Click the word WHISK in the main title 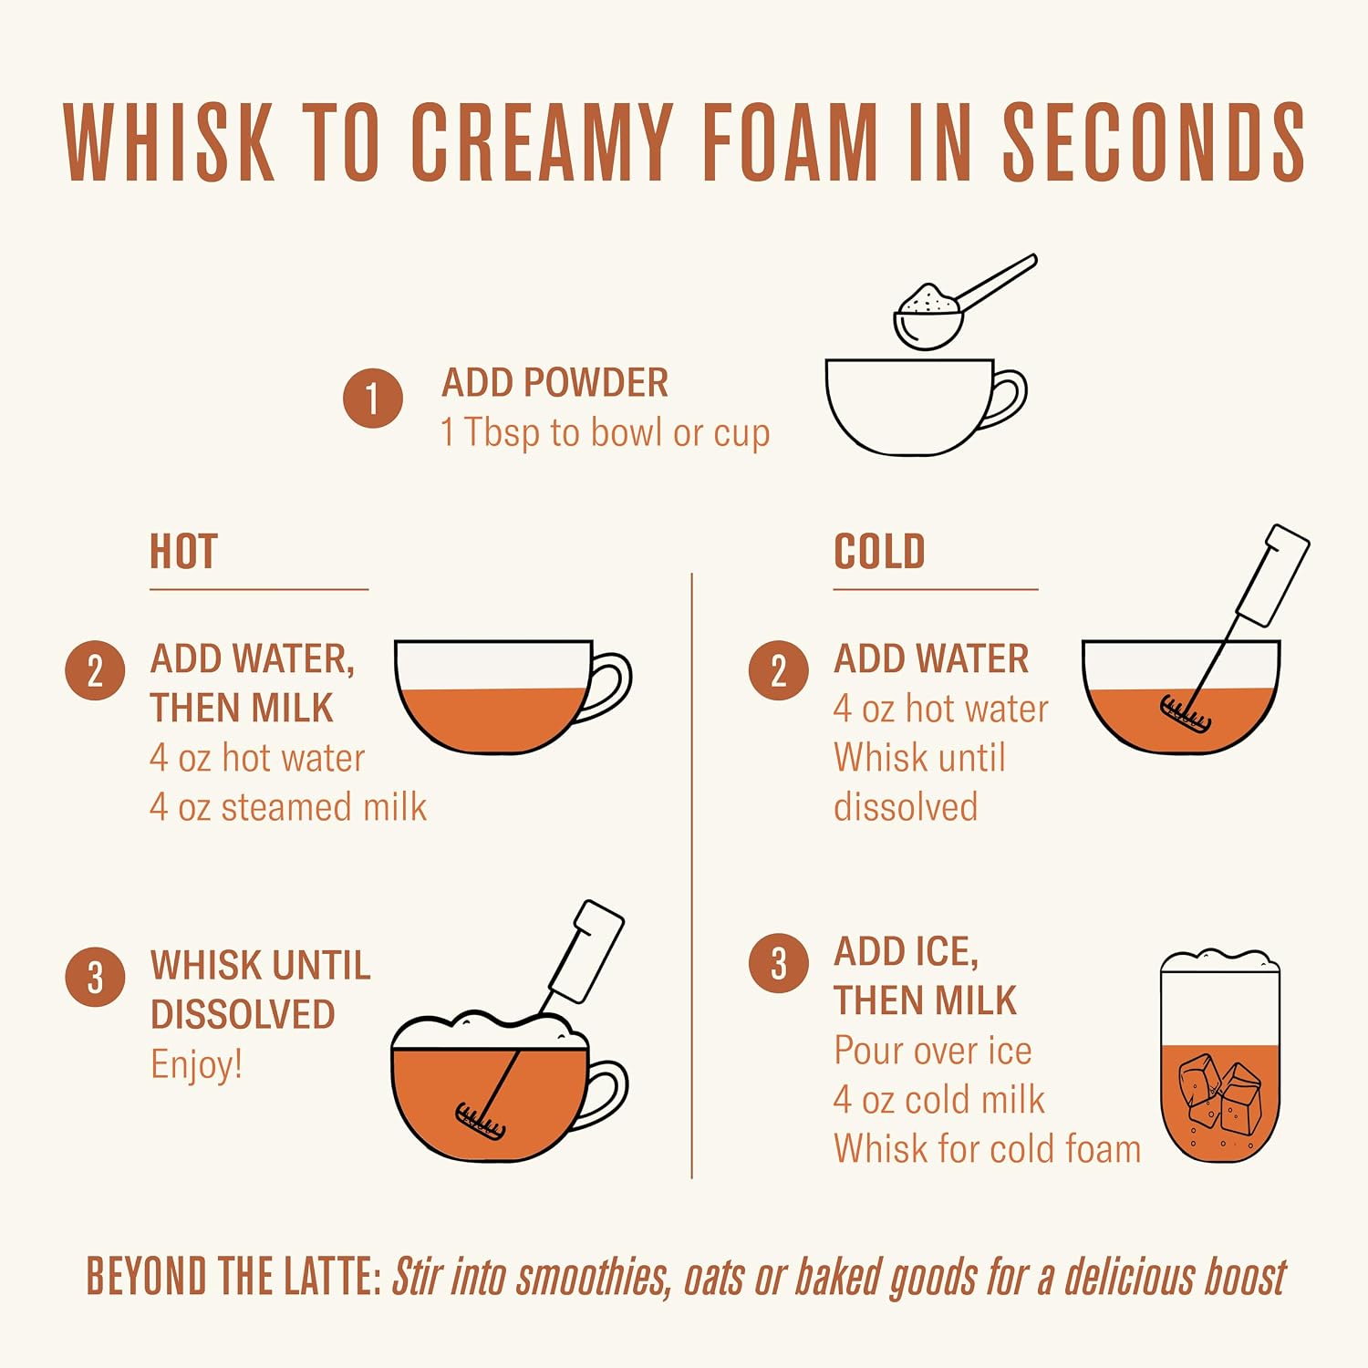pos(169,141)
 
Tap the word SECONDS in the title pos(1155,141)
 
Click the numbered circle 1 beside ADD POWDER pos(373,399)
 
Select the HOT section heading pos(183,552)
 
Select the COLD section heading pos(879,552)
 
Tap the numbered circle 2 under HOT pos(95,670)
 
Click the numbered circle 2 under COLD pos(778,670)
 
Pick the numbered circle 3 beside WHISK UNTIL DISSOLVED pos(95,977)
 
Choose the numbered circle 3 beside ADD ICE pos(778,963)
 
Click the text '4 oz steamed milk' pos(288,807)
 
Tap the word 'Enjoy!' pos(197,1065)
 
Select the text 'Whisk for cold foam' pos(987,1149)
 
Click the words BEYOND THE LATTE pos(233,1276)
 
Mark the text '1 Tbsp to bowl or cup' pos(606,433)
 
